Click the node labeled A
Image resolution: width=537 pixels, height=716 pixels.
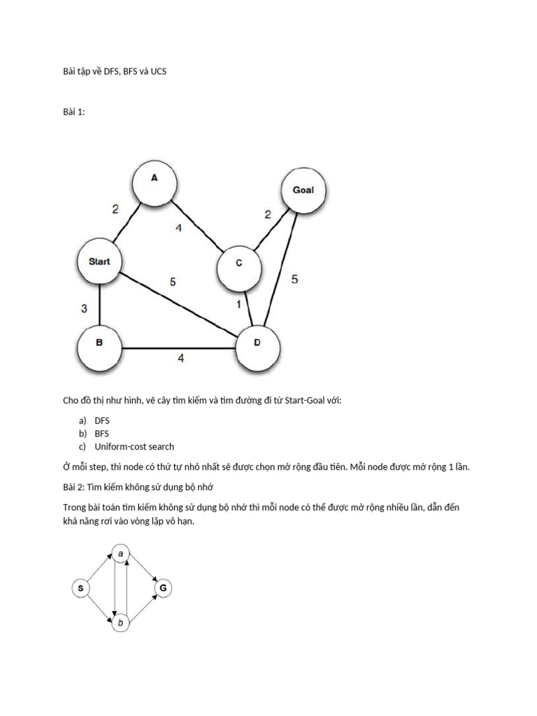tap(155, 178)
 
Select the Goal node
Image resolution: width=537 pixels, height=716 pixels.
tap(303, 189)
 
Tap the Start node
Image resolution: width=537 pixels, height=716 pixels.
tap(99, 262)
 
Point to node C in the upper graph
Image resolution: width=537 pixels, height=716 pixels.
tap(238, 264)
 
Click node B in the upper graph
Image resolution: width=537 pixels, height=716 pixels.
tap(99, 344)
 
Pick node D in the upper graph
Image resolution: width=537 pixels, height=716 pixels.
tap(258, 343)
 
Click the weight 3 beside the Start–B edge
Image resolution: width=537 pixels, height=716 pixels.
tap(84, 308)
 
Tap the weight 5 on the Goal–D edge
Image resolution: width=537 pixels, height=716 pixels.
tap(294, 279)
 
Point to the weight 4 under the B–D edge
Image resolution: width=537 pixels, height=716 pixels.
tap(180, 358)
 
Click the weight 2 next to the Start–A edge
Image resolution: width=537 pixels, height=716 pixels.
tap(116, 208)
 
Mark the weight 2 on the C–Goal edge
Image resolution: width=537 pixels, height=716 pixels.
tap(267, 215)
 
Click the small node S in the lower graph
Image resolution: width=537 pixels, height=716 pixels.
tap(81, 589)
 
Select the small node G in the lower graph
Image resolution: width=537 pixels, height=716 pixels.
tap(162, 589)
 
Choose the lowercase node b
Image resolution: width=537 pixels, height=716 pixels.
tap(122, 622)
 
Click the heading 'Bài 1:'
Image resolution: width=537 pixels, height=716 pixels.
tap(73, 112)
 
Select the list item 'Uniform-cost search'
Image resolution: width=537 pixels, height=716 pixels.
tap(134, 446)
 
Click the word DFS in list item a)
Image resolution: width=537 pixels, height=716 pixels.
tap(102, 420)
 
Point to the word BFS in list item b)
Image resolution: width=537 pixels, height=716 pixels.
tap(102, 434)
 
